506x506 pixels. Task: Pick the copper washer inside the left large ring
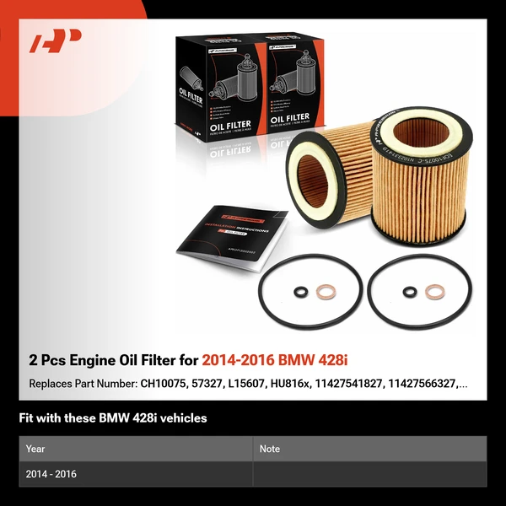click(325, 293)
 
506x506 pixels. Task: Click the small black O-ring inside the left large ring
click(300, 293)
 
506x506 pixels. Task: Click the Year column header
click(35, 449)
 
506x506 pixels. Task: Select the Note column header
click(270, 449)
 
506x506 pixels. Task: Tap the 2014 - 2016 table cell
click(51, 474)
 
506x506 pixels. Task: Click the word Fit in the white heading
click(27, 417)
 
